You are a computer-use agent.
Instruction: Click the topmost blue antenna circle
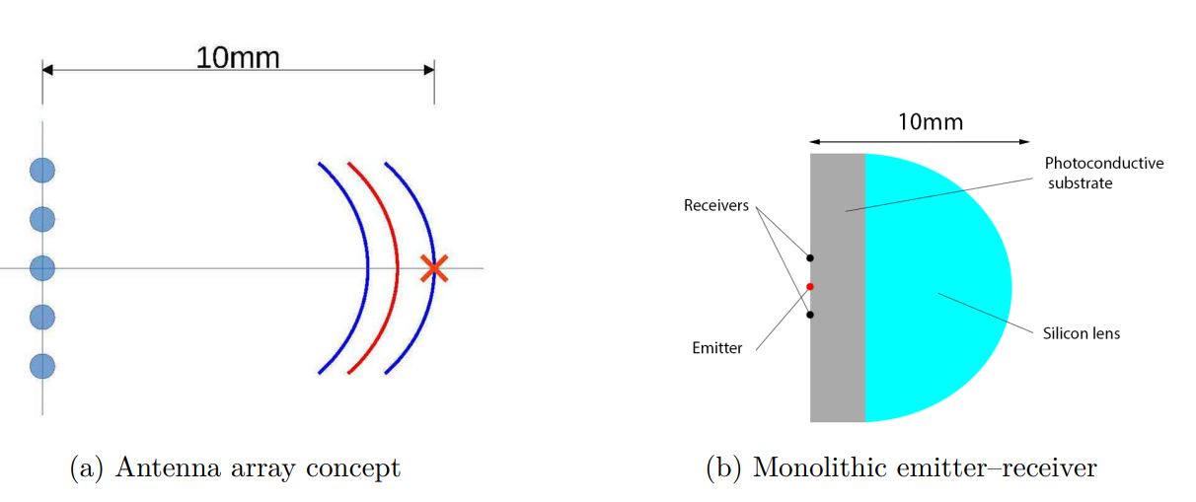click(41, 170)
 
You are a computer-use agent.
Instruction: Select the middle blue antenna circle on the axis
click(41, 267)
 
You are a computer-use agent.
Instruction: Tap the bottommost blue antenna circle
click(41, 366)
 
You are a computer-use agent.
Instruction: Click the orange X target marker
click(432, 268)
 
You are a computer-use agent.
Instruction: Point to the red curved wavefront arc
click(397, 267)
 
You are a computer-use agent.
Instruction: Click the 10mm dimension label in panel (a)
click(238, 57)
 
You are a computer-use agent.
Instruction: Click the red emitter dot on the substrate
click(810, 287)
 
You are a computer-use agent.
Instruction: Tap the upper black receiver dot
click(810, 258)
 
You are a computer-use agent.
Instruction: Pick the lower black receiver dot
click(810, 316)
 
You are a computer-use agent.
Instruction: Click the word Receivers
click(715, 206)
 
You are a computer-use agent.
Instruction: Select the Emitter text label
click(716, 347)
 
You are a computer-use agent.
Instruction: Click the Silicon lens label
click(1082, 333)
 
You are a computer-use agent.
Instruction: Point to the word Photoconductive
click(1104, 163)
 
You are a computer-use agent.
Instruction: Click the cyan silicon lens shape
click(937, 286)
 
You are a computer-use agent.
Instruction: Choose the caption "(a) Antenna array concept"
click(235, 467)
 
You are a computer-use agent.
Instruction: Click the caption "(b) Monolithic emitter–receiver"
click(901, 467)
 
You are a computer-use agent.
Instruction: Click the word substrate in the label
click(1080, 182)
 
